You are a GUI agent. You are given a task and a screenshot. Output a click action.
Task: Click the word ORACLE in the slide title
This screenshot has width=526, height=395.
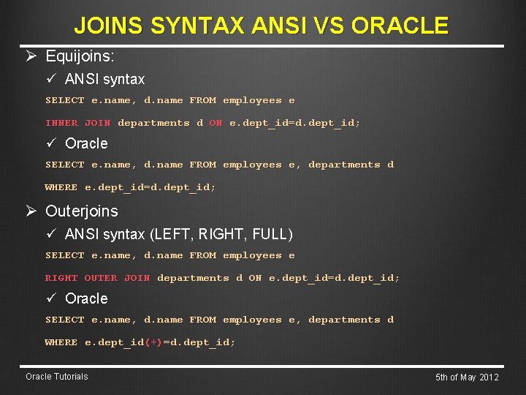[x=400, y=26]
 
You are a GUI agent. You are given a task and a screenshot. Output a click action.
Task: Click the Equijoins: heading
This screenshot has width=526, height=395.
[x=80, y=56]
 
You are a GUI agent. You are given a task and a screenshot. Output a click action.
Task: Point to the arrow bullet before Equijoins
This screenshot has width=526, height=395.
[x=32, y=56]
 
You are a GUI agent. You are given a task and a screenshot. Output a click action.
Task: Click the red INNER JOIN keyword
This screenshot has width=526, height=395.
[x=77, y=123]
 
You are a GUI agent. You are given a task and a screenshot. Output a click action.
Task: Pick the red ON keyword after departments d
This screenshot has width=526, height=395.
[x=216, y=123]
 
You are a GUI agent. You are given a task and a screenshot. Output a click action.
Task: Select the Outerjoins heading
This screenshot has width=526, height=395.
[x=81, y=211]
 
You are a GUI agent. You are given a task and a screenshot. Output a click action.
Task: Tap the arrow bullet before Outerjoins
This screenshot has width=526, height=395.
[x=32, y=211]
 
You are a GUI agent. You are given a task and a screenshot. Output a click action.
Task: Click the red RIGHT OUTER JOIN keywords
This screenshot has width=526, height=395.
[x=97, y=278]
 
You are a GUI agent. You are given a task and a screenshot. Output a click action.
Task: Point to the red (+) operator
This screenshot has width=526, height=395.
[x=153, y=342]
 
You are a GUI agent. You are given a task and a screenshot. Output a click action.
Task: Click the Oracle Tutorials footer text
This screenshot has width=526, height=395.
[x=56, y=377]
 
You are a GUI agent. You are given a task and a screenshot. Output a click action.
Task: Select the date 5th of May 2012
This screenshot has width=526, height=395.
[x=467, y=377]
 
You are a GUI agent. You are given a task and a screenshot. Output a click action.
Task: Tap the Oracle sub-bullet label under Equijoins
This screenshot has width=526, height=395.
[x=86, y=143]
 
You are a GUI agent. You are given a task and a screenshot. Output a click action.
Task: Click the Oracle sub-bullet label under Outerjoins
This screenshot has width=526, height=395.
[x=86, y=298]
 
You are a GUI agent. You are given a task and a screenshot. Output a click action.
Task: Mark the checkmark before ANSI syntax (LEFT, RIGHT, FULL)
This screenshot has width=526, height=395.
[x=51, y=234]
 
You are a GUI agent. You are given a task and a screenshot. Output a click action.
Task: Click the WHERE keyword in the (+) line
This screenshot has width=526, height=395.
[x=61, y=342]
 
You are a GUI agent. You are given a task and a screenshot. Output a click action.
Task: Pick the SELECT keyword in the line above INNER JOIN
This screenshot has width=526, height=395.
[x=64, y=100]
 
